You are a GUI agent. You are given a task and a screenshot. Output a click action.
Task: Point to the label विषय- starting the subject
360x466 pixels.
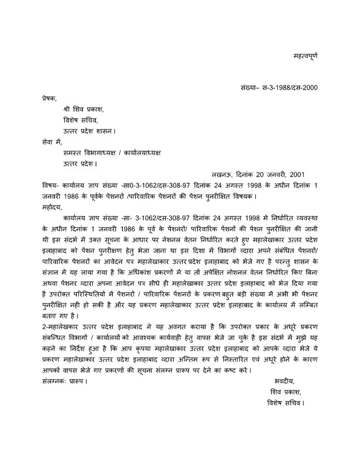pyautogui.click(x=50, y=185)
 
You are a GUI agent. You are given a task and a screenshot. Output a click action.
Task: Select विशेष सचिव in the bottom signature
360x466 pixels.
pyautogui.click(x=284, y=402)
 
